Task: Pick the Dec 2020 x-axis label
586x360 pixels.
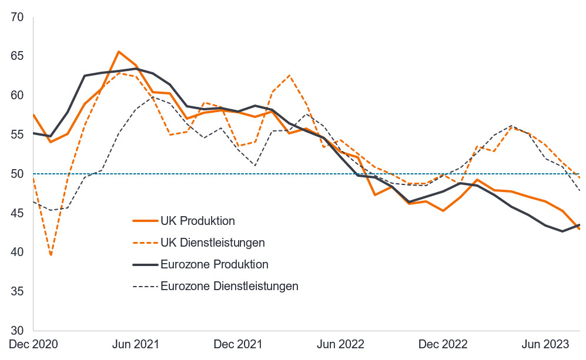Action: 33,344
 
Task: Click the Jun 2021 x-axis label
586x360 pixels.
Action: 136,344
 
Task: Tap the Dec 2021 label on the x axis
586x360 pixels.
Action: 239,344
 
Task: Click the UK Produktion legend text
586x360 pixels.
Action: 197,221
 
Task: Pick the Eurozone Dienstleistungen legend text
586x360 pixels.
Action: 229,286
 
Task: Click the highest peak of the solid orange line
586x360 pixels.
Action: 119,52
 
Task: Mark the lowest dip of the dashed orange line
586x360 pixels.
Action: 50,255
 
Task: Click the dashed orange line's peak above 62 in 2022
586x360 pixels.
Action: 289,75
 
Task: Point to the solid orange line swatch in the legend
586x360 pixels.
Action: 145,221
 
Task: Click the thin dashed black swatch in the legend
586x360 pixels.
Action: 145,286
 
